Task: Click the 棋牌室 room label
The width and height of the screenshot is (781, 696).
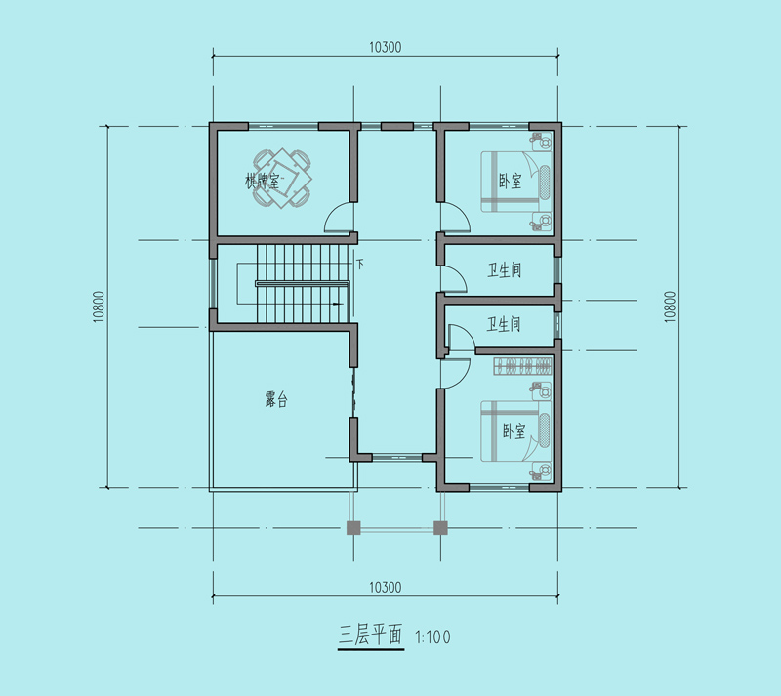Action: tap(262, 181)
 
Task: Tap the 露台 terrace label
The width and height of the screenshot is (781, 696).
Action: tap(276, 399)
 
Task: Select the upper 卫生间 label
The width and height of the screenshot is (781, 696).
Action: tap(504, 270)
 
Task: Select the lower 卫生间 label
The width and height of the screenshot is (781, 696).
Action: tap(504, 325)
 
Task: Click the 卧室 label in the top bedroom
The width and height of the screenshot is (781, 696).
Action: tap(510, 181)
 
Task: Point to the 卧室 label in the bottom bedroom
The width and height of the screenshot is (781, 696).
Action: tap(514, 430)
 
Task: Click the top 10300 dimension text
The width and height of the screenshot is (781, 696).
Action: tap(385, 47)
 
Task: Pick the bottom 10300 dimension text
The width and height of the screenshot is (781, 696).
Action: tap(385, 587)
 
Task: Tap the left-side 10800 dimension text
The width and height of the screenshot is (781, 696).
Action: tap(99, 307)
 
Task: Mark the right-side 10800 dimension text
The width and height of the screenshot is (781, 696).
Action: tap(671, 307)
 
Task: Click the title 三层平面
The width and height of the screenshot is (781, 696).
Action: tap(371, 635)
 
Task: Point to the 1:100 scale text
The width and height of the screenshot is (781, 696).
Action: tap(432, 636)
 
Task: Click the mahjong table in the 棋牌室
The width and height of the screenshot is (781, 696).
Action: tap(282, 178)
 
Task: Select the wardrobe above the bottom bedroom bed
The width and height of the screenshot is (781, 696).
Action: tap(522, 366)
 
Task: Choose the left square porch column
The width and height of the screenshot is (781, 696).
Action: tap(353, 527)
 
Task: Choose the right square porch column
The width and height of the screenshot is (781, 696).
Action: tap(440, 527)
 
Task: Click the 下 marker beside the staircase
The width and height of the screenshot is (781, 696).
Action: tap(359, 264)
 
